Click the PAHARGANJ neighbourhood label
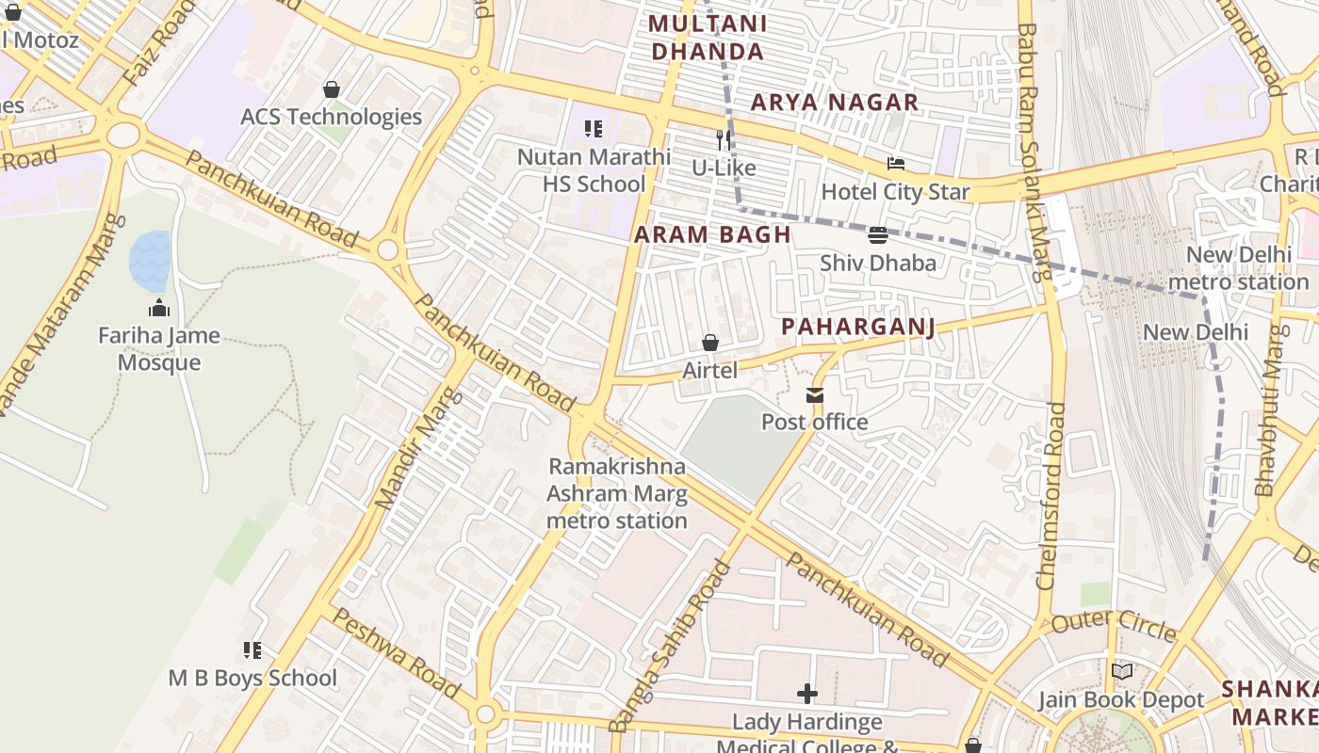[857, 327]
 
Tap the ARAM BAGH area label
[712, 234]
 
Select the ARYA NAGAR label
[834, 103]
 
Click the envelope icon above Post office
[815, 395]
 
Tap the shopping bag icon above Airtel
[710, 344]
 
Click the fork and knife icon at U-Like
[724, 140]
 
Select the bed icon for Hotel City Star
[895, 165]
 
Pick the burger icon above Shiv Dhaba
[877, 235]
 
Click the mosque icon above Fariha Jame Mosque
[158, 308]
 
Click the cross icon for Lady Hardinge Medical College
[807, 695]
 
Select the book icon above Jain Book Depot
[1121, 672]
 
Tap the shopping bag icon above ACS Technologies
[331, 89]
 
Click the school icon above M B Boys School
[252, 650]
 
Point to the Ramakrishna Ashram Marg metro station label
[617, 493]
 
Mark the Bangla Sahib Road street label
[670, 646]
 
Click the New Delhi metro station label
[1238, 268]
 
